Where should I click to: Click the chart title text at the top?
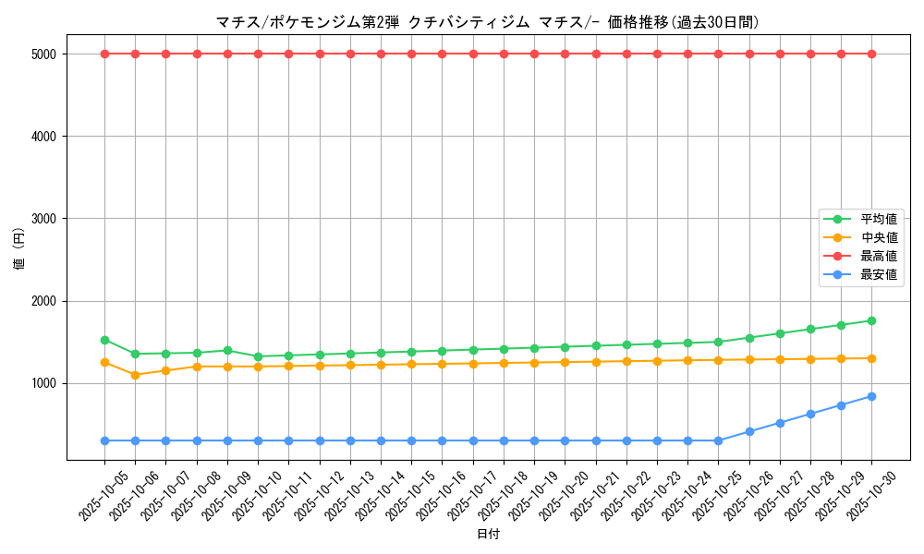tap(487, 22)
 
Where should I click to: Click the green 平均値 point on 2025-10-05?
tap(104, 340)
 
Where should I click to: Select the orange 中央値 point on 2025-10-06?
tap(135, 375)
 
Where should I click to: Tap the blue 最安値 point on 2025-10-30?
tap(871, 396)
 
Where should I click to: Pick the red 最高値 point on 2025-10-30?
tap(871, 54)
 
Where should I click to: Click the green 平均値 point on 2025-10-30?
tap(871, 320)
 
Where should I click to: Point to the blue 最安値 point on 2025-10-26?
tap(749, 431)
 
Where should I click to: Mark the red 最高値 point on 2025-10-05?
tap(104, 54)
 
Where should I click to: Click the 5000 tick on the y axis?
tap(43, 54)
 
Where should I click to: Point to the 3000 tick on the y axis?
tap(43, 219)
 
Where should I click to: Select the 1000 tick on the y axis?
tap(43, 383)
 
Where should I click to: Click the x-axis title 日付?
tap(488, 535)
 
